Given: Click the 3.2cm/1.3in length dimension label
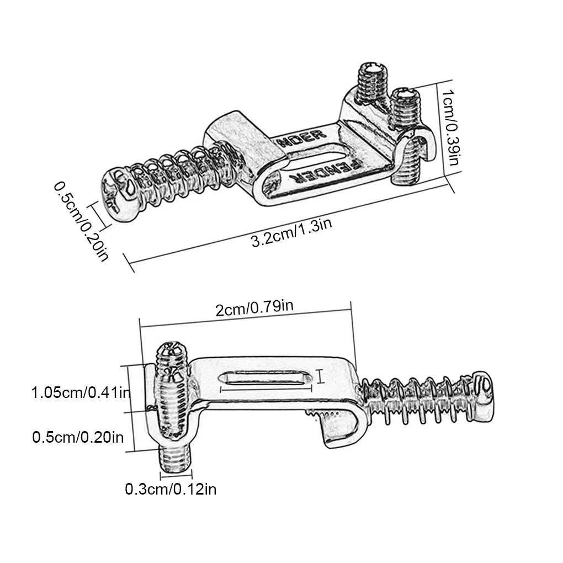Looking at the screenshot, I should (291, 232).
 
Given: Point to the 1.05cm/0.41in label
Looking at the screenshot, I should (81, 393).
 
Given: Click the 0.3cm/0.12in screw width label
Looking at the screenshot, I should (171, 488).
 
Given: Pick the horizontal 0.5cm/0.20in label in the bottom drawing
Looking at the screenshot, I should (78, 437).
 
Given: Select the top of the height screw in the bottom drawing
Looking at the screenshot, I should (173, 354).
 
